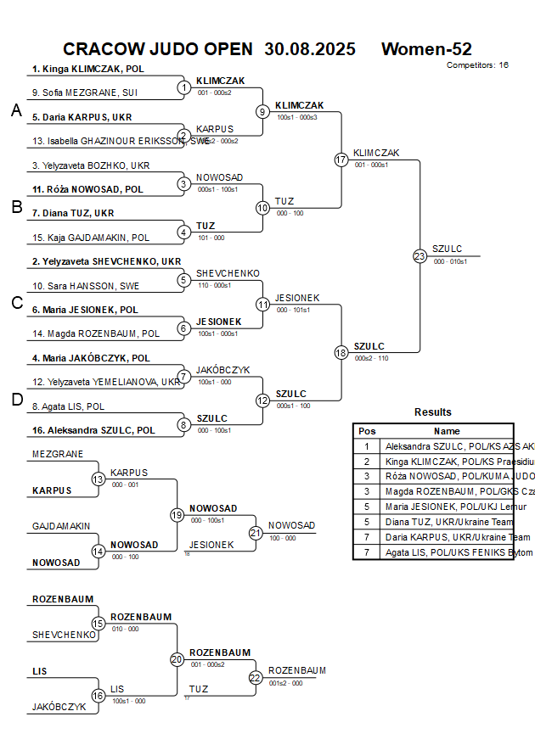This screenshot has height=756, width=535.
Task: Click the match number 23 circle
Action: click(420, 256)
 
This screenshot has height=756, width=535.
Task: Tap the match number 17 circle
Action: click(341, 160)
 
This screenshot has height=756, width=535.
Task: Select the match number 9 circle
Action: click(262, 111)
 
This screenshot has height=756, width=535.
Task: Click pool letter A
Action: click(16, 110)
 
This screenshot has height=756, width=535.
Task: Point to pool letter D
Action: click(16, 400)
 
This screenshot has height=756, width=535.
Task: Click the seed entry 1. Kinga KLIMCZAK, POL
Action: click(87, 69)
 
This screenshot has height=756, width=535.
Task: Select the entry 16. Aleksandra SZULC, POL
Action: click(93, 430)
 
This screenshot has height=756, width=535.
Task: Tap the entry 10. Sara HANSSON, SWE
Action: click(86, 286)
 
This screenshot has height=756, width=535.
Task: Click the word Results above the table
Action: click(433, 412)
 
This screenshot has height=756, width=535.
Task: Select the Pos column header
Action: click(367, 431)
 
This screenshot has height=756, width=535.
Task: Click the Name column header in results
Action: click(447, 431)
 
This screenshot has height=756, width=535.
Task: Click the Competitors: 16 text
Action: click(477, 64)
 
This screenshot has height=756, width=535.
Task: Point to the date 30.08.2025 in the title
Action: click(310, 49)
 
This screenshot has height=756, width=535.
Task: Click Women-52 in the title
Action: click(426, 49)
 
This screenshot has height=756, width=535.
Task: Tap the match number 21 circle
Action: click(256, 533)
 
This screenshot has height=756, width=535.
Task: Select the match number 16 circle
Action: click(99, 696)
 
